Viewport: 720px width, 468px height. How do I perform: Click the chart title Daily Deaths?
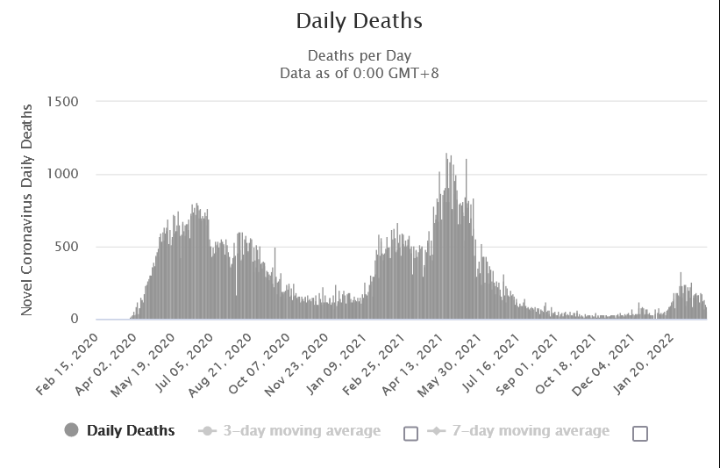(360, 20)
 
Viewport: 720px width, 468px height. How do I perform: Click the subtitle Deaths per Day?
(360, 55)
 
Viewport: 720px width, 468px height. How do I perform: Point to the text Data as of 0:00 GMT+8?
(360, 72)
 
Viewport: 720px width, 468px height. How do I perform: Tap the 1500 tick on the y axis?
(61, 101)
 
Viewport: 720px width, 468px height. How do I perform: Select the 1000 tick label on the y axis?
(61, 174)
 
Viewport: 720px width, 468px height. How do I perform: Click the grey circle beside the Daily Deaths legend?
(72, 430)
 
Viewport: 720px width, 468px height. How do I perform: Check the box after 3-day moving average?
(410, 433)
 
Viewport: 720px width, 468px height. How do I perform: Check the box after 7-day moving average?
(640, 433)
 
